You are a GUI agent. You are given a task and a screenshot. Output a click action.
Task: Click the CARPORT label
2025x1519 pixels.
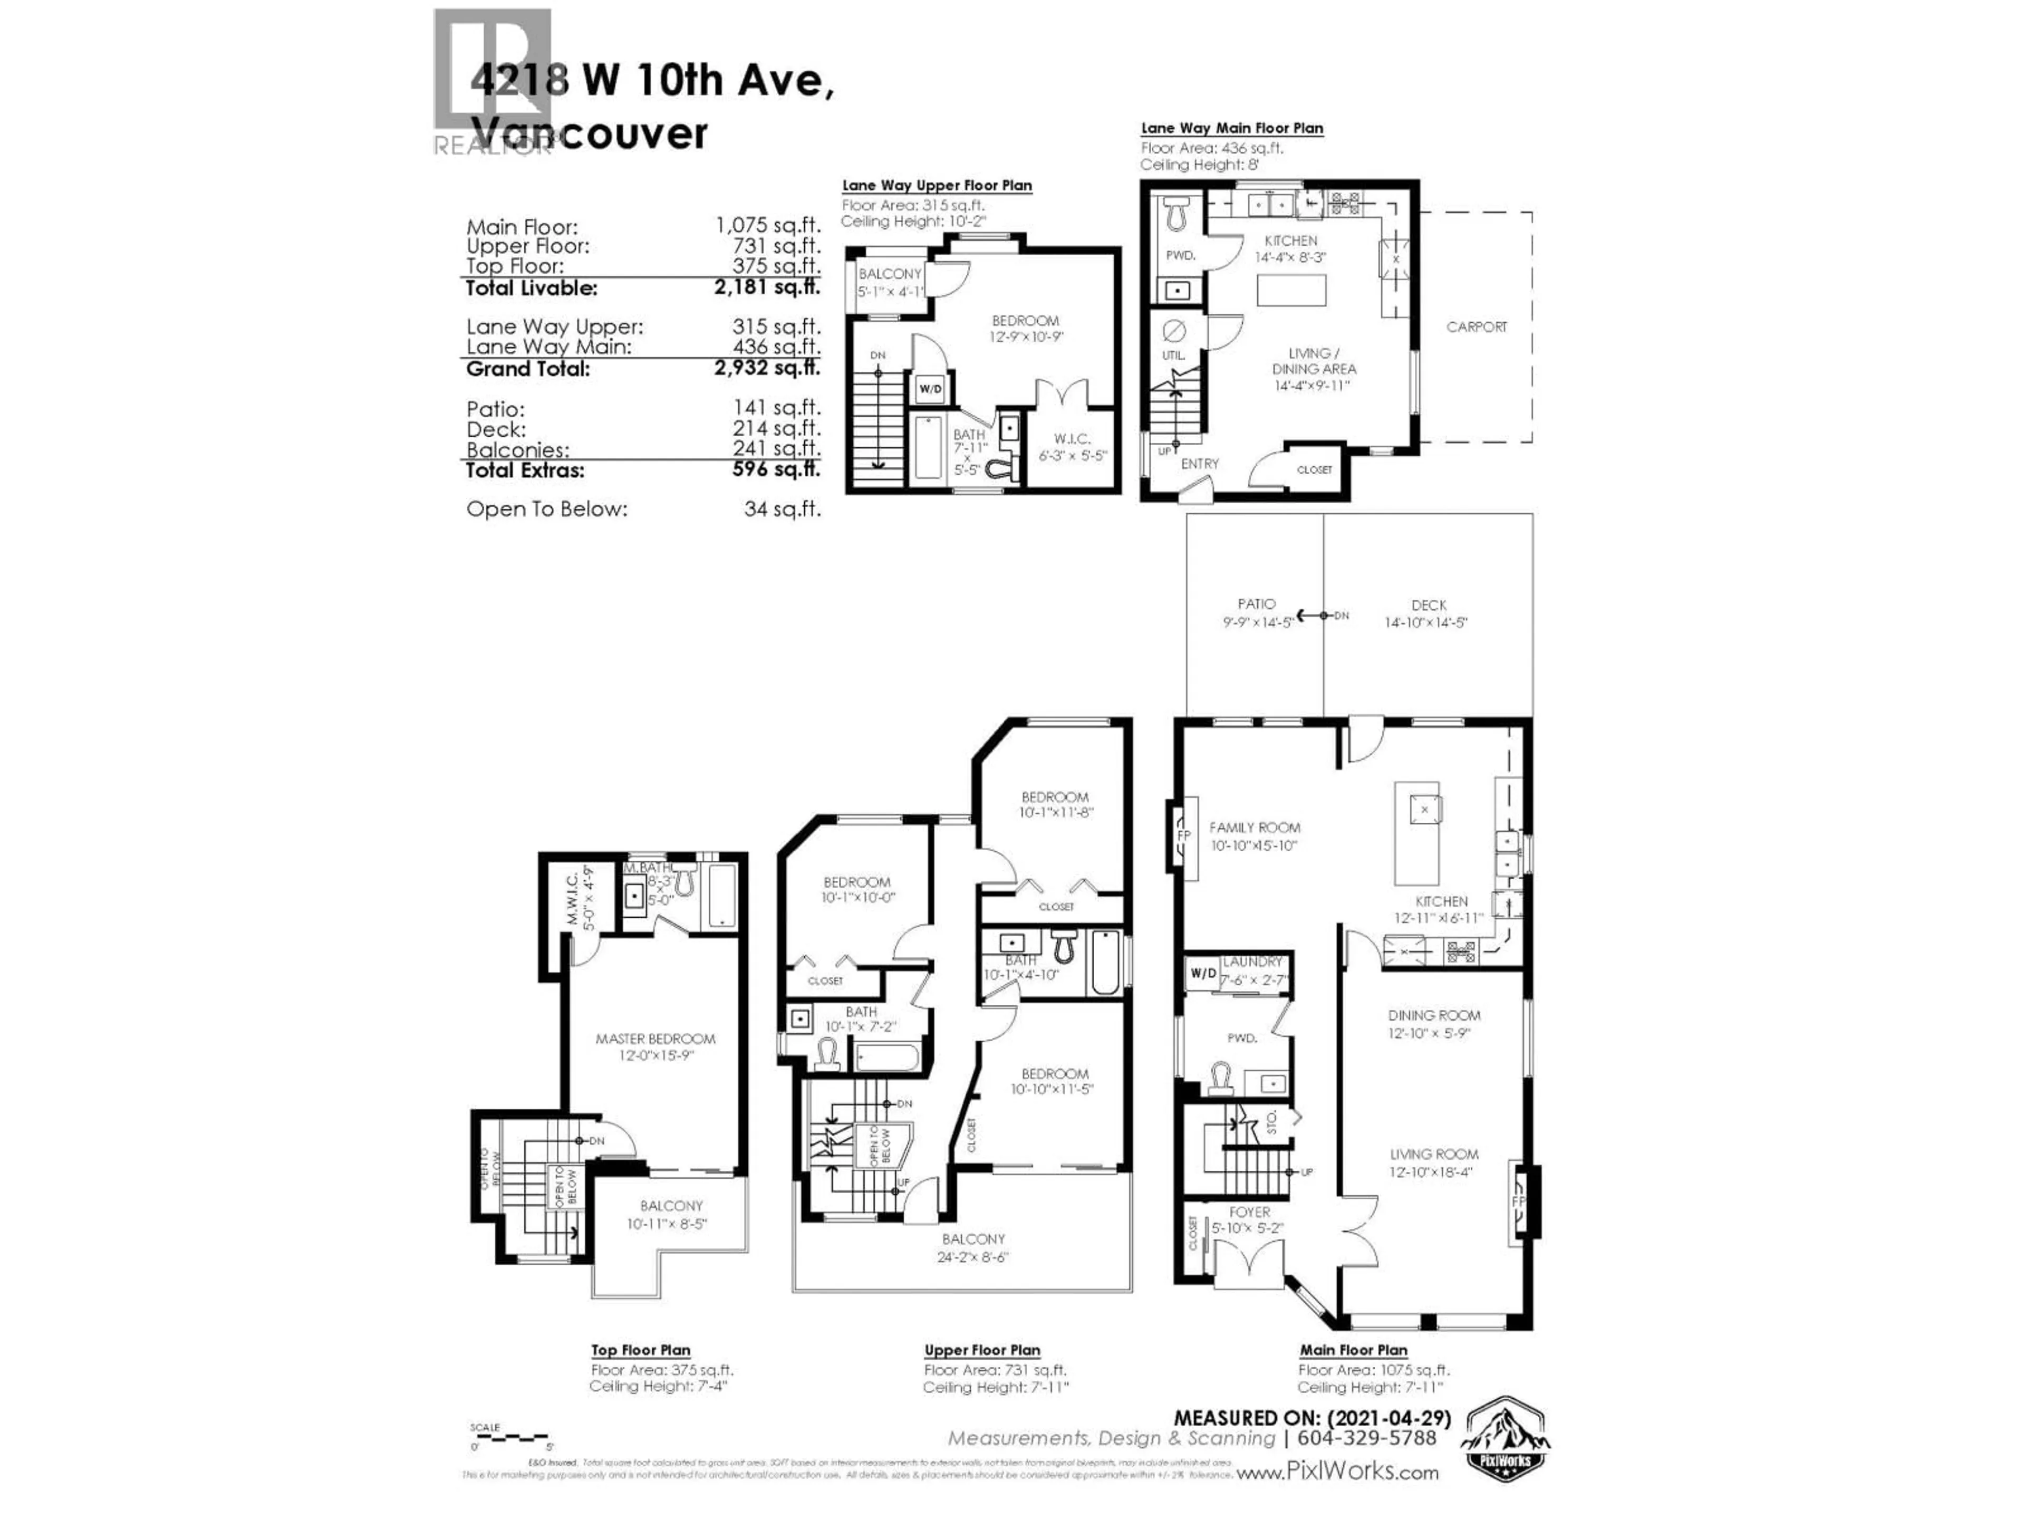click(x=1476, y=327)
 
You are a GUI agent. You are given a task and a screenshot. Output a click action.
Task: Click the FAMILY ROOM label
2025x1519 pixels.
click(x=1253, y=828)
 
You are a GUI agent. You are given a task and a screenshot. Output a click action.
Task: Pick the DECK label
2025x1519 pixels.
click(x=1428, y=605)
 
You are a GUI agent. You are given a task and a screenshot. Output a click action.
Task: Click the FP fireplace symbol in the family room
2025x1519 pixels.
click(x=1183, y=836)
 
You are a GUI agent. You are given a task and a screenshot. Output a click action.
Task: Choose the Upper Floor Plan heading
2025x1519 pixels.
click(x=981, y=1351)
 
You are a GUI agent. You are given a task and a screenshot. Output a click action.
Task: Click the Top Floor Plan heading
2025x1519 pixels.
click(x=640, y=1351)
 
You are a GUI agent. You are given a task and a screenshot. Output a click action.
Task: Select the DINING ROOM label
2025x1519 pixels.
click(x=1434, y=1015)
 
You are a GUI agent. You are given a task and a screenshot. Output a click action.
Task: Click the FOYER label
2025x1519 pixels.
click(x=1250, y=1212)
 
